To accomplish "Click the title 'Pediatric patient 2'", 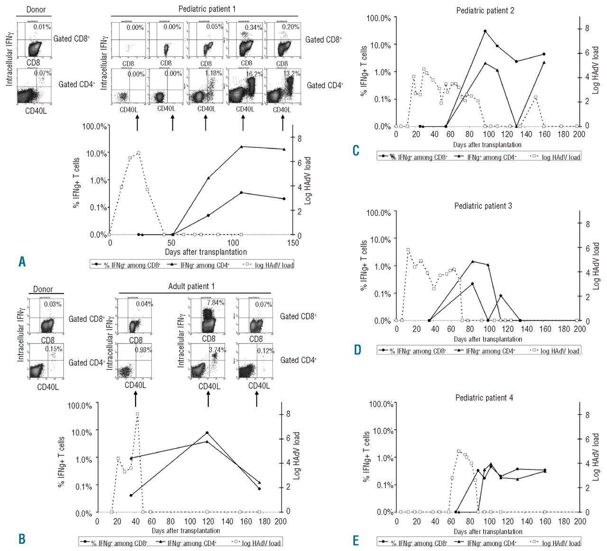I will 485,10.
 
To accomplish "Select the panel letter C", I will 356,150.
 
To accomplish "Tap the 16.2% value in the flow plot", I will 254,74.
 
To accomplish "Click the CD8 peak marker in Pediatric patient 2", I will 485,31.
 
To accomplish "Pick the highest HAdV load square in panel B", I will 138,414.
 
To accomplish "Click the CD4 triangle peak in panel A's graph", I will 241,147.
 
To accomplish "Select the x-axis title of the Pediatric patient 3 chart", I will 487,339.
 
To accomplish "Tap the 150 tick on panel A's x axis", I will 293,243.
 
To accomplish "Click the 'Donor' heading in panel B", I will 43,289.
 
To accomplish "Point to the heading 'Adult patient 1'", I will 191,286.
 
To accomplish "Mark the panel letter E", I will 356,541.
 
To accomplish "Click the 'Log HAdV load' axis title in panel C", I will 596,70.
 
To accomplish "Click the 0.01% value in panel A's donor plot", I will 42,27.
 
